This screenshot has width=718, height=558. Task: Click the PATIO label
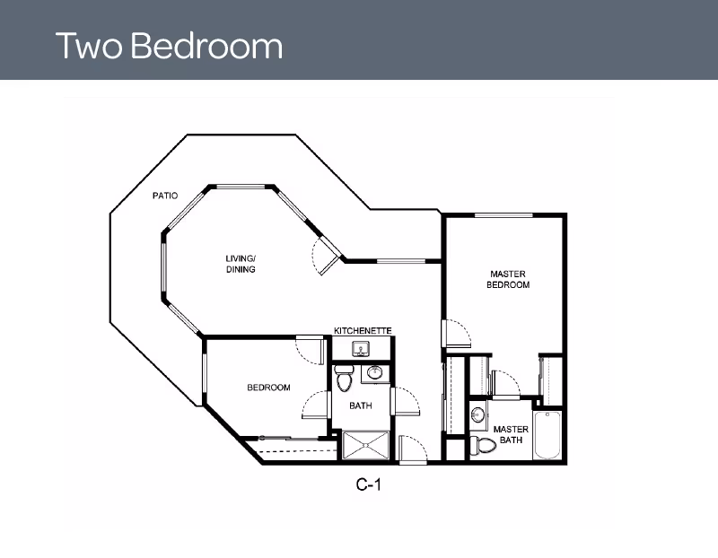click(x=165, y=196)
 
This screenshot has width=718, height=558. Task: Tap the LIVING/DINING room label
click(x=241, y=264)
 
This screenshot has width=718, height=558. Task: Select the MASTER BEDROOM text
click(x=508, y=279)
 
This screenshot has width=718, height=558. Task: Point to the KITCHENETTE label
click(x=363, y=330)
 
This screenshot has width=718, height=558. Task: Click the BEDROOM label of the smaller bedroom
click(x=268, y=388)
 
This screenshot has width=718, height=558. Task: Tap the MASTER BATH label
click(x=511, y=434)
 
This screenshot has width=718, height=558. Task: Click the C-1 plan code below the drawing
click(x=369, y=484)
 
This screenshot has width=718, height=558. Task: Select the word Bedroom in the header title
click(x=207, y=46)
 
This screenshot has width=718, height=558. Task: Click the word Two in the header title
click(x=89, y=46)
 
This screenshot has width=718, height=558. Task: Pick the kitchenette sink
click(x=362, y=349)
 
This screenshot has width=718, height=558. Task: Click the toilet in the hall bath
click(x=343, y=378)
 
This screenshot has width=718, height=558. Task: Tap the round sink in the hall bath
click(x=375, y=372)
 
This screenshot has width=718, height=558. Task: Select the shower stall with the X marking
click(x=366, y=445)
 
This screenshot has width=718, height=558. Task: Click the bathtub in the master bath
click(x=547, y=435)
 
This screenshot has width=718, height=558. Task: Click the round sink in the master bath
click(x=477, y=415)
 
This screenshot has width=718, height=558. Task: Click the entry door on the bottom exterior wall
click(x=413, y=450)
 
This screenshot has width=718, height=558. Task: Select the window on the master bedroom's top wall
click(x=503, y=215)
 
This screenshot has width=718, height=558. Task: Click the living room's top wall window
click(x=241, y=187)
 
